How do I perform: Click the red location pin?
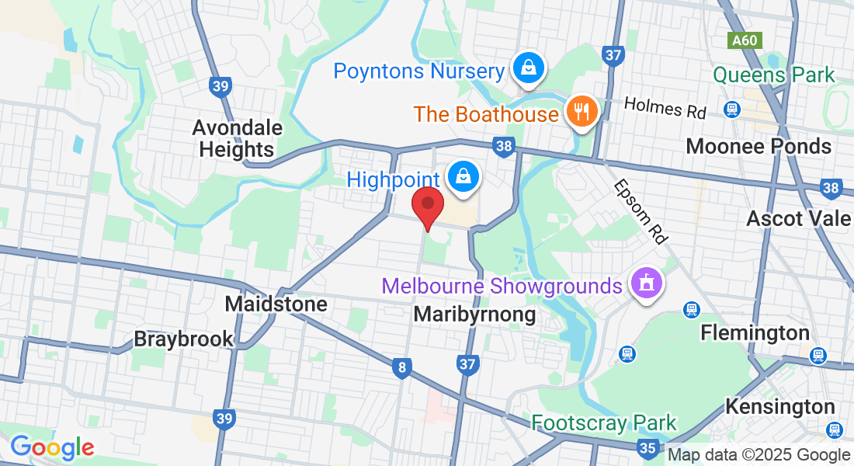[x=427, y=207]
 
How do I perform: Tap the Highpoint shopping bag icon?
[x=463, y=177]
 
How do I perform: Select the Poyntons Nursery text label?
[x=419, y=71]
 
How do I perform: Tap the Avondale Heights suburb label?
[x=238, y=138]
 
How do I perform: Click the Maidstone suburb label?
[x=276, y=304]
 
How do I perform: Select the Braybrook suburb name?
[x=183, y=339]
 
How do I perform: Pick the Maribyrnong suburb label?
[x=474, y=314]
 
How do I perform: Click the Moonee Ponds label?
[x=759, y=146]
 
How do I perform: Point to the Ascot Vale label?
[x=798, y=218]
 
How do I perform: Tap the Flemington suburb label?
[x=755, y=332]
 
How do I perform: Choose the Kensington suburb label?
[x=779, y=406]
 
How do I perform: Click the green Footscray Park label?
[x=604, y=423]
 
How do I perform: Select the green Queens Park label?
[x=773, y=75]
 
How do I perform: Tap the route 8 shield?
[x=401, y=368]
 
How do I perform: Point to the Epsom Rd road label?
[x=640, y=212]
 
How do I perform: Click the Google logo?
[x=52, y=447]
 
